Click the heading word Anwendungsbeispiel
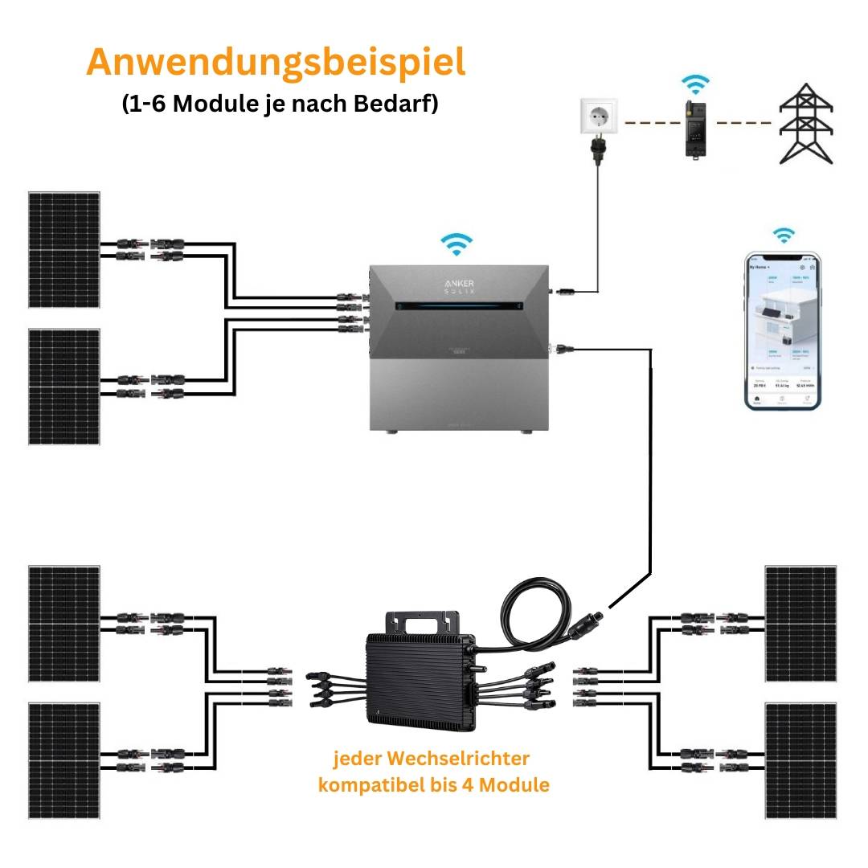[276, 62]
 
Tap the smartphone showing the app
[782, 329]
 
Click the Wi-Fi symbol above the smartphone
[783, 235]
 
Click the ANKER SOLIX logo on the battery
[456, 287]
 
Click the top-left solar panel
[64, 249]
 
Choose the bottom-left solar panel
[64, 760]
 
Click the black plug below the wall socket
[598, 151]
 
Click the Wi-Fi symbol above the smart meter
[695, 84]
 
